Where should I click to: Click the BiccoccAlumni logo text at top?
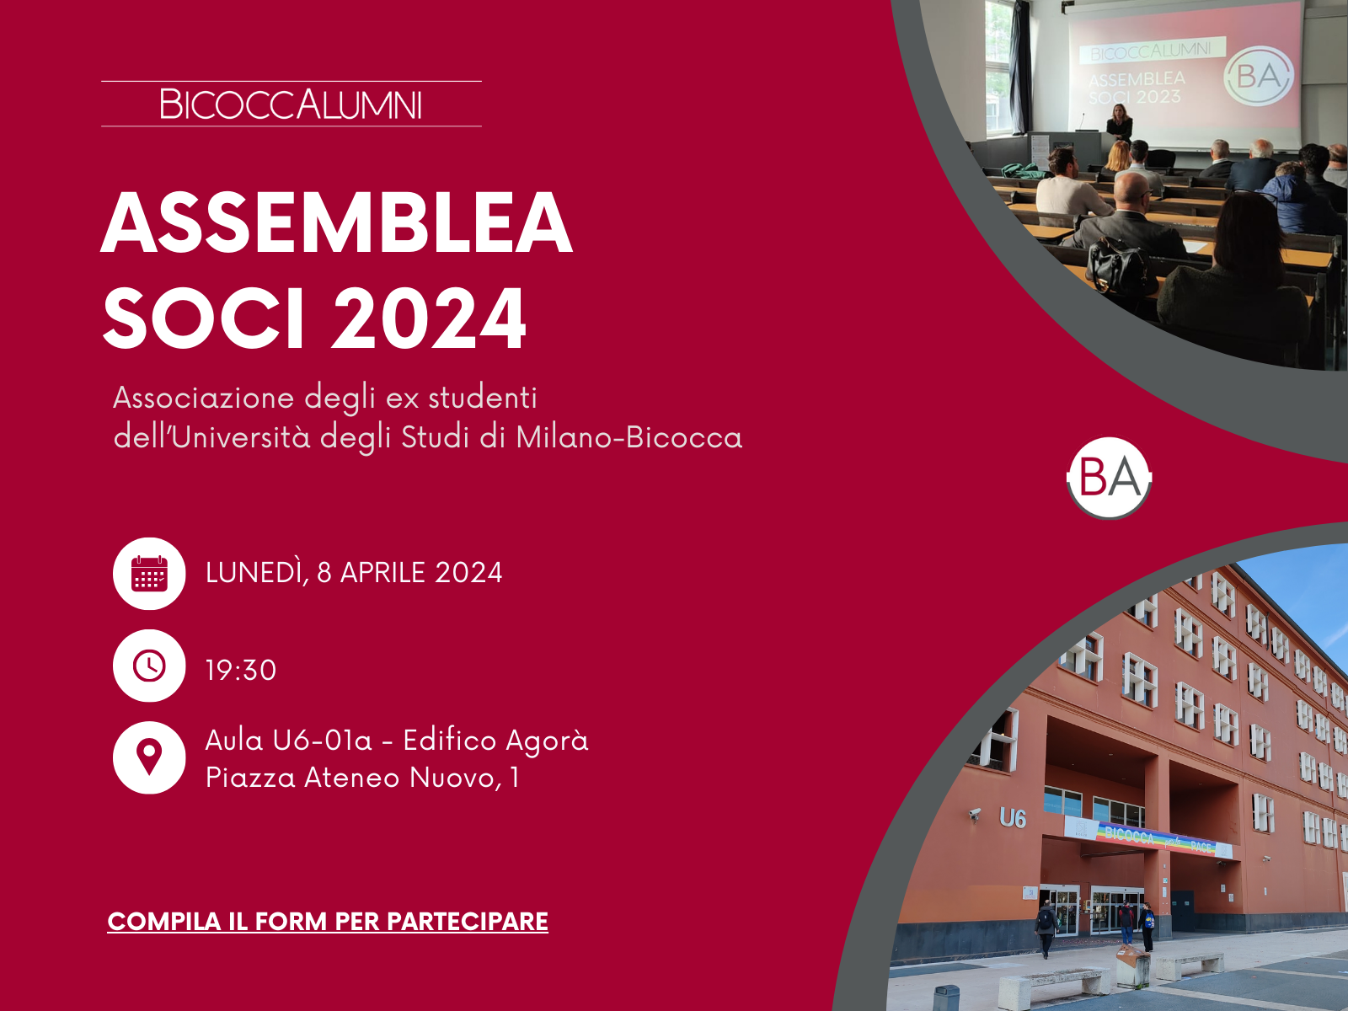coord(291,104)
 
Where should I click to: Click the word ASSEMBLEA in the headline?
coord(336,222)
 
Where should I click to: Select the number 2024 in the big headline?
coord(430,318)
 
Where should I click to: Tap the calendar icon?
coord(149,574)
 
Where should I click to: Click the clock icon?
coord(149,666)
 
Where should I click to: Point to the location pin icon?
coord(149,757)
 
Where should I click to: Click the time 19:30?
coord(241,671)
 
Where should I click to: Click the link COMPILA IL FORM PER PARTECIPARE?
coord(328,922)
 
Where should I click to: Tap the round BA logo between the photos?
coord(1109,479)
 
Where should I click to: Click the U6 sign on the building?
coord(1013,817)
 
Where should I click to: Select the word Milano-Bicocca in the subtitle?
coord(629,437)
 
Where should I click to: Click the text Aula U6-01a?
coord(289,741)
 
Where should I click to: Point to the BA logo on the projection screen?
coord(1259,76)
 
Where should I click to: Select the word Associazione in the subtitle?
coord(204,398)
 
